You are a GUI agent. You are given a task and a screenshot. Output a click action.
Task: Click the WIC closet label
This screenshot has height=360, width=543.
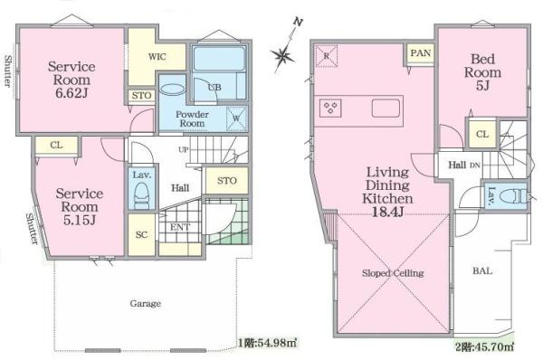click(157, 57)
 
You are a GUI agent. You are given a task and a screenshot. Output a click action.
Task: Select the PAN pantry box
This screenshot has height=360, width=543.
click(421, 53)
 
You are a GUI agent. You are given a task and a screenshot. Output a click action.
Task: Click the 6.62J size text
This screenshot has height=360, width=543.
click(71, 93)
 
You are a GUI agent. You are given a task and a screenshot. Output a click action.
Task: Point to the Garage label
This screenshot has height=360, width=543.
click(146, 304)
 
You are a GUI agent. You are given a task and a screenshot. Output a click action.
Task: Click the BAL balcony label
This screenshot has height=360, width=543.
click(482, 271)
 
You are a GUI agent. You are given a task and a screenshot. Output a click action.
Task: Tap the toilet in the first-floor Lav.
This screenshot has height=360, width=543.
click(141, 196)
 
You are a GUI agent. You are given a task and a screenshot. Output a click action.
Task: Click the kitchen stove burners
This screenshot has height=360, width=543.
click(330, 108)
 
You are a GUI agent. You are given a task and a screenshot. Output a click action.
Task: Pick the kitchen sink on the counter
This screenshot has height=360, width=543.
click(386, 108)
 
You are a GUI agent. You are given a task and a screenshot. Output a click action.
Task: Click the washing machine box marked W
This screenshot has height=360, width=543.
click(236, 118)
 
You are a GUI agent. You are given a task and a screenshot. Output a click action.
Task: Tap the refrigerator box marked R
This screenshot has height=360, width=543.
click(326, 55)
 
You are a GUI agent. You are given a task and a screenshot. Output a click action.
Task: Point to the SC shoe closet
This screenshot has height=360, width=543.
click(141, 234)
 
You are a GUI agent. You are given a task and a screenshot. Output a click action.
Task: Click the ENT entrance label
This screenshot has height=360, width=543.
click(180, 227)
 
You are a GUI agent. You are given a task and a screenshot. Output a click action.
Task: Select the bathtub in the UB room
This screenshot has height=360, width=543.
click(219, 59)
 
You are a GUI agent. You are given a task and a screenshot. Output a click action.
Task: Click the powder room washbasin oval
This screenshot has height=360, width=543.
click(173, 90)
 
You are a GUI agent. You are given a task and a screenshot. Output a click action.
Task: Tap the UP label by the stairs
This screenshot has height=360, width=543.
click(184, 149)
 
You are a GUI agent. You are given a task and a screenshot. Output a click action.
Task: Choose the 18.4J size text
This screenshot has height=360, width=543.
click(387, 212)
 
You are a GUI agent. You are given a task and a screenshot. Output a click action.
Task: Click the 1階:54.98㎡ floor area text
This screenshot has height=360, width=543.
click(267, 343)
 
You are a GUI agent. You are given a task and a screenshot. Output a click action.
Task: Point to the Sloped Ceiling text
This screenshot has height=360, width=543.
click(393, 273)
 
